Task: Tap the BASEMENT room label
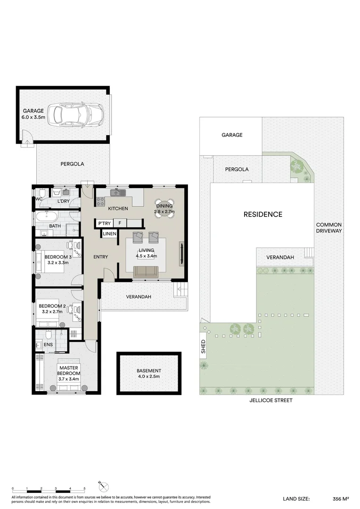pos(149,370)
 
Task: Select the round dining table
pos(164,209)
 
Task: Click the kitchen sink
pos(118,192)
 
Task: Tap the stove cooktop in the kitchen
pos(100,202)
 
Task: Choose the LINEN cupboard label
pos(109,234)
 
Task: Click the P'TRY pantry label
pos(105,223)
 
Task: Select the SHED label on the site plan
pos(204,346)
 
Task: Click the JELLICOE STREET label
pos(271,400)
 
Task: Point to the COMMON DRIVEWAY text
pos(329,228)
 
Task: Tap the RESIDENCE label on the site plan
pos(263,214)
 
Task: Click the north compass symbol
pos(103,487)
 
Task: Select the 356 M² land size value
pos(341,499)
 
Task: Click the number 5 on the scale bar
pos(84,488)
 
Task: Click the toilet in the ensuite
pos(49,334)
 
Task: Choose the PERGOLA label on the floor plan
pos(72,164)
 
